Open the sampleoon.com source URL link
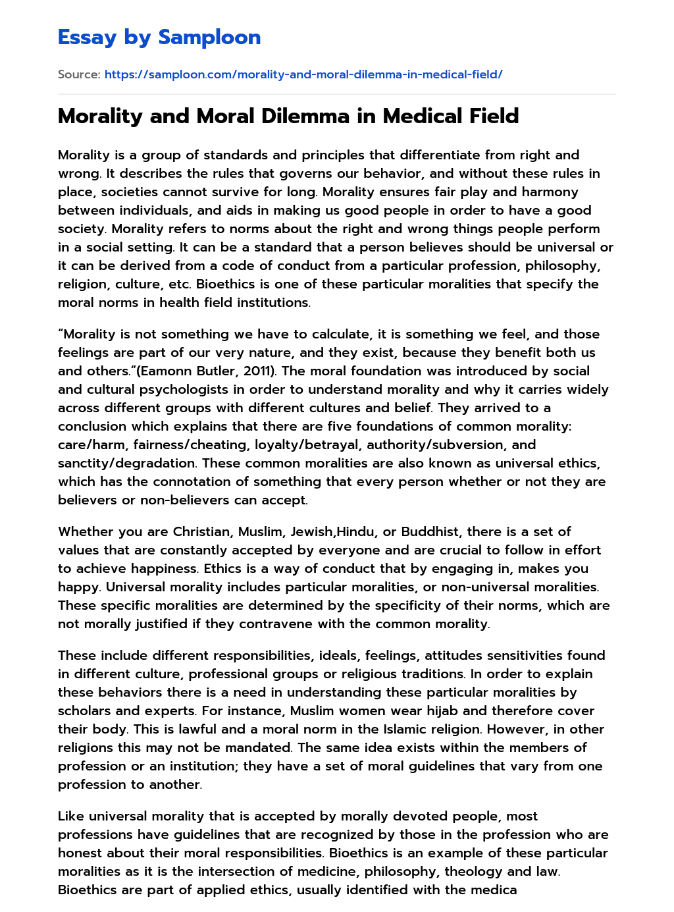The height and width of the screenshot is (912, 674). pos(303,74)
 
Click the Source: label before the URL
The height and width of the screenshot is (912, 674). pos(79,74)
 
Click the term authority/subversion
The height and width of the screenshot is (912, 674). pos(436,444)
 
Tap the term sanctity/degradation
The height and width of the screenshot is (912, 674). pos(126,463)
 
